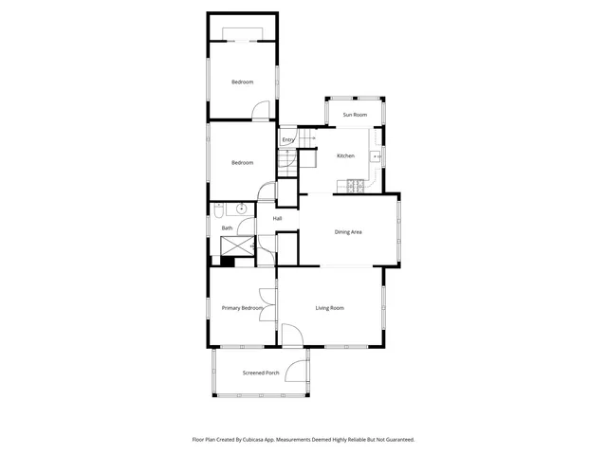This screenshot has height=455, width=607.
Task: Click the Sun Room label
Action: [x=354, y=115]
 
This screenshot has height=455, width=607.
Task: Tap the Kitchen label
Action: [x=345, y=155]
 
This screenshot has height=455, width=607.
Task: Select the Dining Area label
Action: [x=348, y=231]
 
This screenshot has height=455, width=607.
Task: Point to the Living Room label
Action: [x=329, y=308]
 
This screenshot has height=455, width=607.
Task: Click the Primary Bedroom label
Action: [x=242, y=308]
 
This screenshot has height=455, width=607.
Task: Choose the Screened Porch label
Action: [x=260, y=373]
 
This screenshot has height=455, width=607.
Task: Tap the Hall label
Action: [x=277, y=219]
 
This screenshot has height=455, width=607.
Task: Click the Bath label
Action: [x=227, y=227]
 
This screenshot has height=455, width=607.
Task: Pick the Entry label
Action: [x=287, y=140]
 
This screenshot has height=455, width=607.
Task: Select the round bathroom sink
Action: [x=242, y=208]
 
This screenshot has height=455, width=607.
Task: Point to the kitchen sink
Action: [x=377, y=155]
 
